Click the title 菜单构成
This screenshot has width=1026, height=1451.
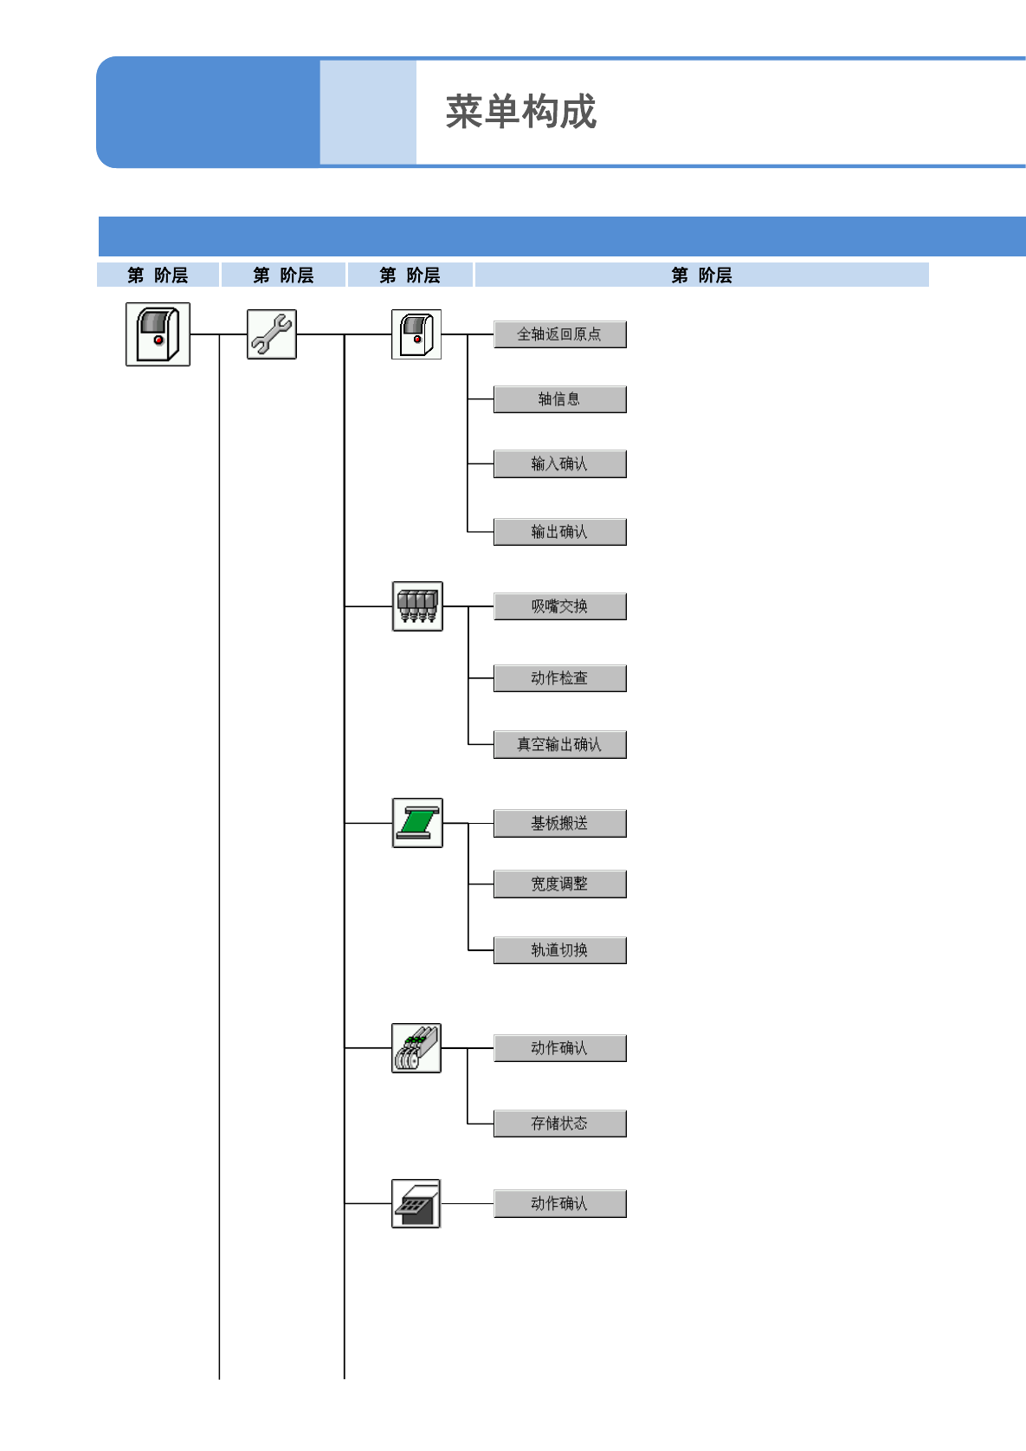coord(520,113)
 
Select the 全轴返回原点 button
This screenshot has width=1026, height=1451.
coord(559,334)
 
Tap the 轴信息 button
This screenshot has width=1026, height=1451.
coord(559,399)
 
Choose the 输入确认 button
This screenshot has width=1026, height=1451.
coord(559,464)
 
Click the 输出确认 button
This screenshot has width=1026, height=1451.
coord(559,532)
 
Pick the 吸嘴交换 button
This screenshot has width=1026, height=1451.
coord(559,606)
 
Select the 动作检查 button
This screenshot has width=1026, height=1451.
coord(559,678)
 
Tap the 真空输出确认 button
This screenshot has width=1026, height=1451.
coord(559,745)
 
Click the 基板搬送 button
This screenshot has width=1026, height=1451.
coord(559,824)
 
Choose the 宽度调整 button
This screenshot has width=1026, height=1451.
coord(559,884)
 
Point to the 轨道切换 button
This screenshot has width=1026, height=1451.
coord(559,950)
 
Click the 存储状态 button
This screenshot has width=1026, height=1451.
coord(559,1124)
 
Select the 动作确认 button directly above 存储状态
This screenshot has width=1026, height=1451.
coord(559,1048)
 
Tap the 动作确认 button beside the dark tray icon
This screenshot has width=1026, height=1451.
coord(559,1204)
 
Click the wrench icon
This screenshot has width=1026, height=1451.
coord(272,334)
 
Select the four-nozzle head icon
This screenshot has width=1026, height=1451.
coord(417,606)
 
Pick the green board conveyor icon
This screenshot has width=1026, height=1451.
coord(417,823)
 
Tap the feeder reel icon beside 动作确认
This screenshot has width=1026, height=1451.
coord(416,1048)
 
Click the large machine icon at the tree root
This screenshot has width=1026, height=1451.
coord(158,334)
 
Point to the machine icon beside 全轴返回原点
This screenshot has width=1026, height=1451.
coord(416,334)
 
